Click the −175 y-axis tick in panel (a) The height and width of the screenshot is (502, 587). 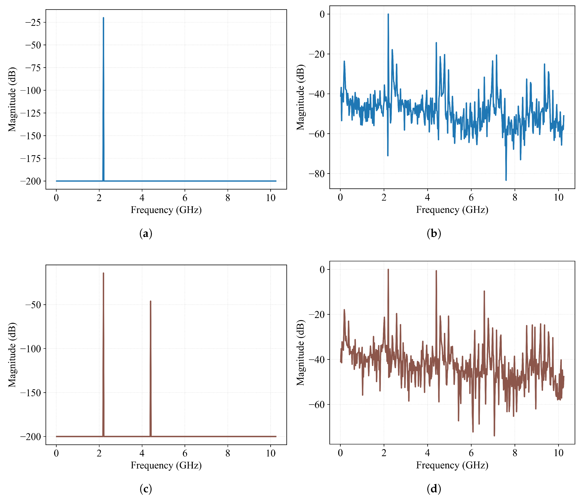31,159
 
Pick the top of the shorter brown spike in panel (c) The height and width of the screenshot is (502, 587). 150,302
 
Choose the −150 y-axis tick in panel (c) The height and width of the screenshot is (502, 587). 31,393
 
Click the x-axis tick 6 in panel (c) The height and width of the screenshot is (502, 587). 185,453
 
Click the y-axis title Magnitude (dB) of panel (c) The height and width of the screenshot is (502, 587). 12,355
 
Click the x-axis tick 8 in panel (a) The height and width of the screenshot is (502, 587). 228,198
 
